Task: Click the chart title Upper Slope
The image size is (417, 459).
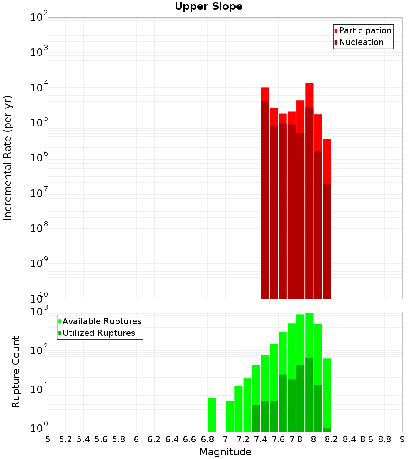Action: (208, 7)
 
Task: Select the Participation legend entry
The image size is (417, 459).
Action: (365, 30)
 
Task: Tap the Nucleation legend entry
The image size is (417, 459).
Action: (361, 42)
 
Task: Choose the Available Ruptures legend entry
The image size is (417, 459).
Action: (101, 321)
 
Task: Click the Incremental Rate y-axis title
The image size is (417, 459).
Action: (8, 158)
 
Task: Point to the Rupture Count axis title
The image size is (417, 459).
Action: (16, 372)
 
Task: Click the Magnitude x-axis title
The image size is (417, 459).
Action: (225, 452)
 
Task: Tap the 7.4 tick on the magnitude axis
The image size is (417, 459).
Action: (261, 439)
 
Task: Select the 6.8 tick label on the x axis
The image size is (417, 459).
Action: (207, 439)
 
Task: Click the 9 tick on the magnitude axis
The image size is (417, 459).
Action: (402, 439)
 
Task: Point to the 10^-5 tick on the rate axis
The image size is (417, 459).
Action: (39, 123)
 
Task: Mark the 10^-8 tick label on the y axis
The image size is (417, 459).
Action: (39, 228)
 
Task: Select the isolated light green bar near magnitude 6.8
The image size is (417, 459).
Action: (212, 415)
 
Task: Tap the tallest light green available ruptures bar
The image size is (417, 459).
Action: (309, 334)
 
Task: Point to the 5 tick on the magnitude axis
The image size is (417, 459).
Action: (48, 439)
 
